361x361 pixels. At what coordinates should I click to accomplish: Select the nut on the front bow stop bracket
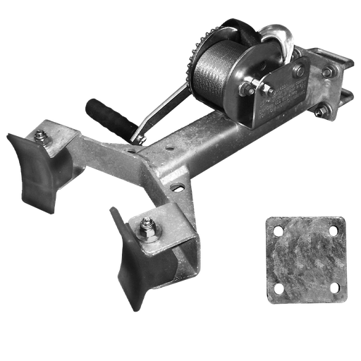coord(148,228)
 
